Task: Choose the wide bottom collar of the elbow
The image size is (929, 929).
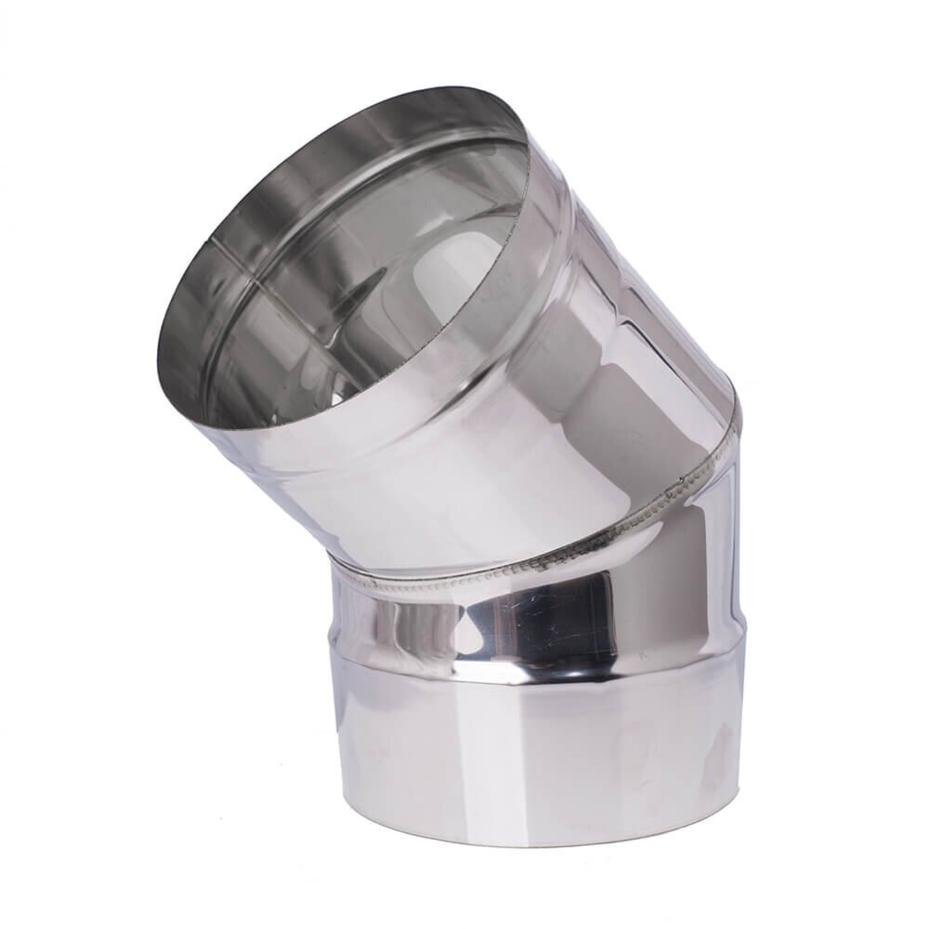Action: [x=543, y=740]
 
